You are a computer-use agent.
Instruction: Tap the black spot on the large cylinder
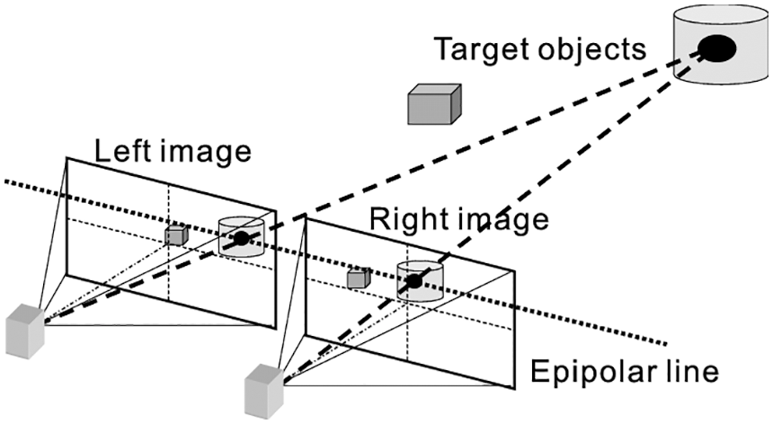(717, 49)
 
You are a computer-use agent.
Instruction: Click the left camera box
(23, 330)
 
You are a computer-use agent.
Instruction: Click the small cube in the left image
(174, 234)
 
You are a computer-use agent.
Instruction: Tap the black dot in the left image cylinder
(240, 238)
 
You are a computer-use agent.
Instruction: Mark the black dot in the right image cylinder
(413, 282)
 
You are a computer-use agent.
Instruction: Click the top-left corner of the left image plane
(67, 157)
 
